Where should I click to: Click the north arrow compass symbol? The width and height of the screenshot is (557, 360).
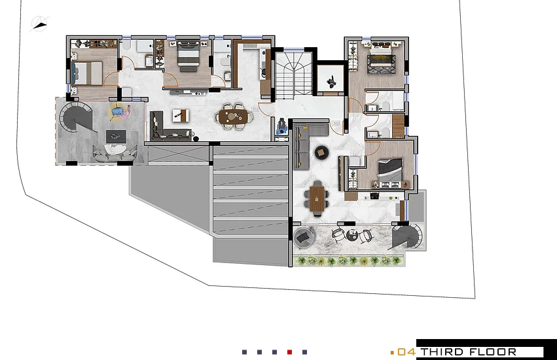tap(40, 25)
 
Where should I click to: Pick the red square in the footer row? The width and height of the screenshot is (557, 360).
tap(289, 352)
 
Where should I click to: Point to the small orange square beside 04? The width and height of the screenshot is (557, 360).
tap(392, 352)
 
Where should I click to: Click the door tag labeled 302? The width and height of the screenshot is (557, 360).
tap(255, 109)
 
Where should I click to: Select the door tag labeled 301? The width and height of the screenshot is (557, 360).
tap(336, 122)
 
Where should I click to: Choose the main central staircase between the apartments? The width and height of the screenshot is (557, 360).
tap(293, 75)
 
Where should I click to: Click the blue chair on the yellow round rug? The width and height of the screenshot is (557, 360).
tap(118, 113)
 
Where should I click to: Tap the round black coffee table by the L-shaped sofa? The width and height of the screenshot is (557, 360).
tap(322, 152)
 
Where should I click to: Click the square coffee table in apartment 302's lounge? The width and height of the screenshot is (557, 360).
tap(181, 116)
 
